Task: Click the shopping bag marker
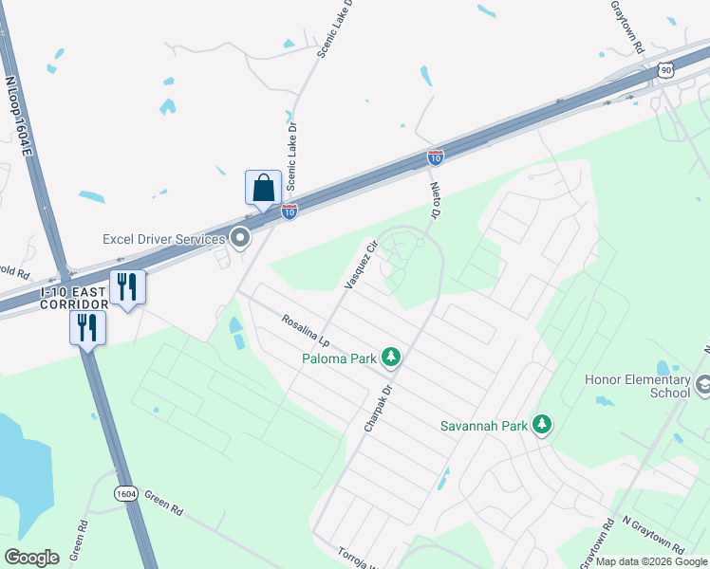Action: tap(263, 188)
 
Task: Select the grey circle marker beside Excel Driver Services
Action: tap(240, 239)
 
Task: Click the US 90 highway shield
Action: tap(667, 71)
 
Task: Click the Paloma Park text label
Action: tap(338, 358)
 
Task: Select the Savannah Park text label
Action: tap(483, 425)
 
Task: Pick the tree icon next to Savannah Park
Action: tap(542, 424)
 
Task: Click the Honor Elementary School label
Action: tap(637, 385)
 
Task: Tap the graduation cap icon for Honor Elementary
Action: tap(703, 385)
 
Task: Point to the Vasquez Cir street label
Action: tap(360, 265)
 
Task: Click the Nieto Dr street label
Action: tap(437, 201)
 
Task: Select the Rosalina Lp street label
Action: tap(305, 330)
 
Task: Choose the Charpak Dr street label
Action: tap(378, 409)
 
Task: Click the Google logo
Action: tap(32, 557)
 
